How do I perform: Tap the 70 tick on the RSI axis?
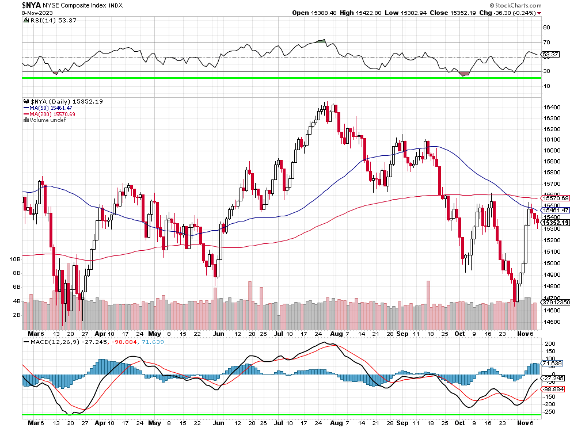coord(546,43)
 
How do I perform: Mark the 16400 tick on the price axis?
coord(552,108)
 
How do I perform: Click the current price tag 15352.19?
coord(556,223)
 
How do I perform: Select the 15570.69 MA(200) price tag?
coord(556,198)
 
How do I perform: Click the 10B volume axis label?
coord(16,259)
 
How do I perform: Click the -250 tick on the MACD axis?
coord(549,411)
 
